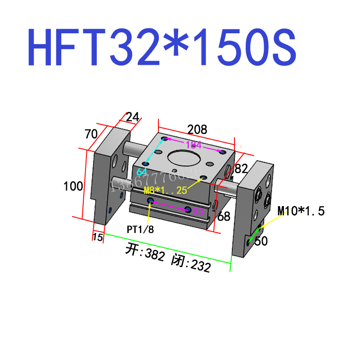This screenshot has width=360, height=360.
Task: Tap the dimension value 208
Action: (197, 130)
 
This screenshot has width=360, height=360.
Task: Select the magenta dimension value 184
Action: (193, 145)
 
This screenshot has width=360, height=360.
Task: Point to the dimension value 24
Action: (132, 117)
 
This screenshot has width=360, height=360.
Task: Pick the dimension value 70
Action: (92, 134)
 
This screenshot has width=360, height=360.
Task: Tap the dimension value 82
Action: (242, 169)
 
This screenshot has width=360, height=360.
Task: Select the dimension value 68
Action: (224, 216)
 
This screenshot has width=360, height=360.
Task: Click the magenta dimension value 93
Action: (198, 211)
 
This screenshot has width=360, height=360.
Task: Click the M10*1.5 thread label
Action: (301, 210)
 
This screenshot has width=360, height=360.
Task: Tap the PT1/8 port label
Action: (140, 229)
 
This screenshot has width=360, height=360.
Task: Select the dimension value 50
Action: (261, 242)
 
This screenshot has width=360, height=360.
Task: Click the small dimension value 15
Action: (97, 237)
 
